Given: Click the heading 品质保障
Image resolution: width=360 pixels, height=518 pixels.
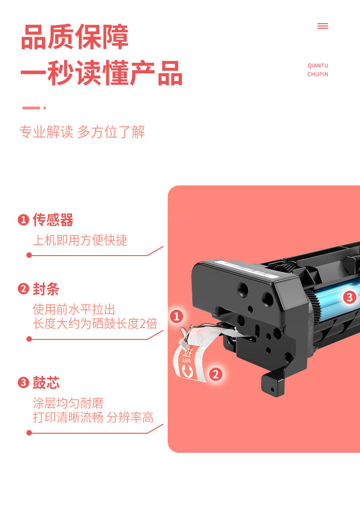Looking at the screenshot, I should [75, 37].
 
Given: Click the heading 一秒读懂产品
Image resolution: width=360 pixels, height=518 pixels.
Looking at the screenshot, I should [101, 73].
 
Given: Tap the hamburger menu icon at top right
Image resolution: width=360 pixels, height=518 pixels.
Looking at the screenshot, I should [323, 26].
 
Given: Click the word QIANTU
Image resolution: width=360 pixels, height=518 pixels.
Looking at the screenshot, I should [318, 66].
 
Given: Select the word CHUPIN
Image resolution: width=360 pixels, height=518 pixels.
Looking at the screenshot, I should [318, 74].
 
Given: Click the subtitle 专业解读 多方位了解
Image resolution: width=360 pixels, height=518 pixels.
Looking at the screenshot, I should [82, 132].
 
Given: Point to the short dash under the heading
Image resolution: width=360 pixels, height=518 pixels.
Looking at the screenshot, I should [31, 108].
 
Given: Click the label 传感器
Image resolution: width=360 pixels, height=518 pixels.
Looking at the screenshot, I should [53, 220].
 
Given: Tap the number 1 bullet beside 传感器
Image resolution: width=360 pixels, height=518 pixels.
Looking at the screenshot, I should [23, 220].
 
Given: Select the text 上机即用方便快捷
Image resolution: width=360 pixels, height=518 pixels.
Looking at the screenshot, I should [80, 240].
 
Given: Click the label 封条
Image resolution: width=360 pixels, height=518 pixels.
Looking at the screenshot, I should [46, 289].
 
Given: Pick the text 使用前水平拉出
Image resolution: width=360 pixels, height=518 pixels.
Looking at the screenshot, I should [74, 309].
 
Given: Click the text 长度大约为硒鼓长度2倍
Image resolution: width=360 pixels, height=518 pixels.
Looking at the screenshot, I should [95, 323].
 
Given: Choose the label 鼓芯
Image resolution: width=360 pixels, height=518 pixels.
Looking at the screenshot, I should [46, 382].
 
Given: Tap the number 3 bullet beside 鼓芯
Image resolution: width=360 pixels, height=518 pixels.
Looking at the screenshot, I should [23, 383].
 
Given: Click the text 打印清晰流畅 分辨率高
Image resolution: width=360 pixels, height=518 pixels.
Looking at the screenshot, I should [93, 417].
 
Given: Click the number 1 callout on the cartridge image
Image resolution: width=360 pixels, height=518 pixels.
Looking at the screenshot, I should [177, 316].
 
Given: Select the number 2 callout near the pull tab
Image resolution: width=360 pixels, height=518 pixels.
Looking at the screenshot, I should [216, 374].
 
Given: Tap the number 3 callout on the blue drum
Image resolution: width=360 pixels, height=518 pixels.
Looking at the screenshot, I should [350, 297].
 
